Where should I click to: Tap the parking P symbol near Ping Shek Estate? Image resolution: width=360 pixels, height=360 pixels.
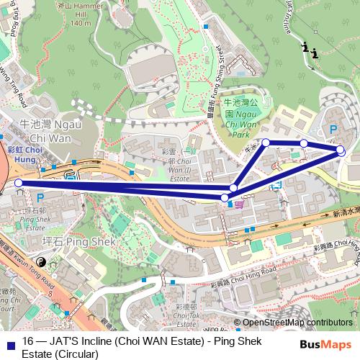[x=40, y=197]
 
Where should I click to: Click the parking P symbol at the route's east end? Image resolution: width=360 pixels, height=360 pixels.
[x=332, y=129]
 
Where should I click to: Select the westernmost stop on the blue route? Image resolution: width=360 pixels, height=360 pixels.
[x=19, y=183]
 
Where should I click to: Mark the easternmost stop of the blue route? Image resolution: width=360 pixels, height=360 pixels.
[x=340, y=150]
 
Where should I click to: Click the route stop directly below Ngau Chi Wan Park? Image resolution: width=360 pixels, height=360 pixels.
[x=266, y=143]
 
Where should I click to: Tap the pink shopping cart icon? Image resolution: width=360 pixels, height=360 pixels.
[x=238, y=204]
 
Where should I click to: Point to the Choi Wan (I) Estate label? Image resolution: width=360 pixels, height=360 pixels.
[x=179, y=168]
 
